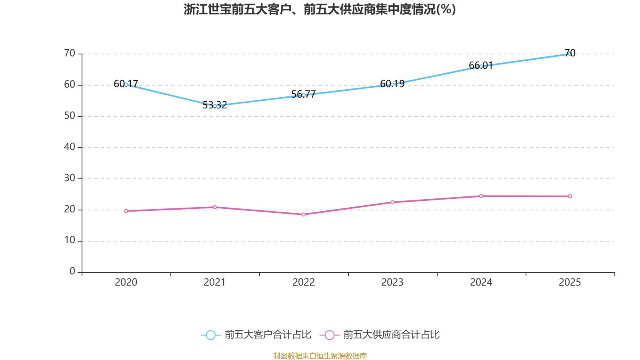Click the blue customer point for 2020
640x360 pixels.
coord(126,84)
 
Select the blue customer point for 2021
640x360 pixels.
coord(215,106)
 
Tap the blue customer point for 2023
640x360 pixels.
coord(392,84)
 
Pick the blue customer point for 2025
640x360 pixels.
coord(570,54)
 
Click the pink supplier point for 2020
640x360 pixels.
coord(126,211)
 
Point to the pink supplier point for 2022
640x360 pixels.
coord(304,214)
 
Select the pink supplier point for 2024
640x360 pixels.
coord(481,196)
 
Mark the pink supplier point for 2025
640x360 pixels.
coord(570,196)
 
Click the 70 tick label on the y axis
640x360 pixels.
coord(70,53)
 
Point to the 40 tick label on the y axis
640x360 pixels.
coord(70,147)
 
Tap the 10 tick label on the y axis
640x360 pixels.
coord(70,240)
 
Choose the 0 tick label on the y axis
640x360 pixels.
coord(72,272)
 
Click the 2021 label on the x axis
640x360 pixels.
coord(215,282)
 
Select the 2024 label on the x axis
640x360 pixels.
coord(481,282)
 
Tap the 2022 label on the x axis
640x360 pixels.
coord(304,282)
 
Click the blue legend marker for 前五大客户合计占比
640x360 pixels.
coord(210,335)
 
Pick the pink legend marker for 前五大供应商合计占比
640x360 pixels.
coord(329,335)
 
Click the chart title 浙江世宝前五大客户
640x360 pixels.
coord(320,9)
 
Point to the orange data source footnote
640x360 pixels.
coord(320,356)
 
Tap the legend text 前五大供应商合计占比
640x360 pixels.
coord(391,335)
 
